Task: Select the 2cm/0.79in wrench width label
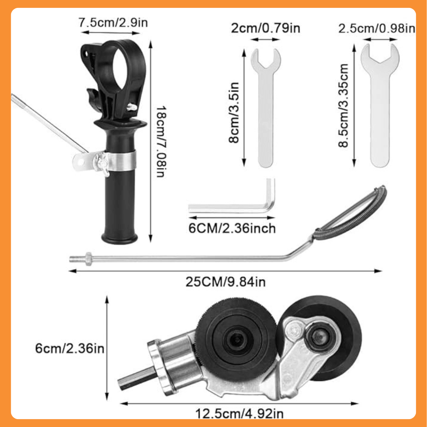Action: pos(266,28)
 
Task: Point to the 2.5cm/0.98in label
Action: pos(377,28)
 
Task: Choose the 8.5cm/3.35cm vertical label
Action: pos(344,106)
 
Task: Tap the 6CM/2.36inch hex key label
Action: pos(232,228)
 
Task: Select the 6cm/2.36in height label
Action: pos(70,348)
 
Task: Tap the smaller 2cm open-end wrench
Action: pos(266,107)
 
